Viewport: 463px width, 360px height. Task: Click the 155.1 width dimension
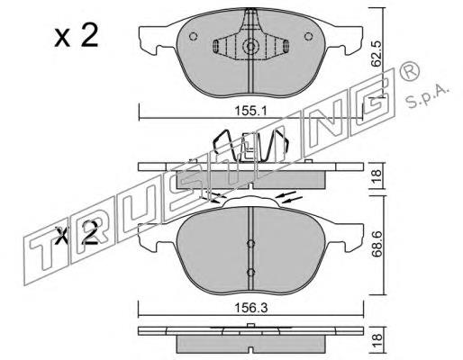[250, 112]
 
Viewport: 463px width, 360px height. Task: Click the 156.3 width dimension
[250, 308]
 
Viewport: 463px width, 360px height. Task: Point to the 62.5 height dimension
[376, 54]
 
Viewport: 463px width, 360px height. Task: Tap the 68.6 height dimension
[377, 244]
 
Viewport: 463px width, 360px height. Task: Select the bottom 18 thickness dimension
[377, 340]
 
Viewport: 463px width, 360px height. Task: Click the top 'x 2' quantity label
[77, 35]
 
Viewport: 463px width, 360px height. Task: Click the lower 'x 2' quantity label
[77, 233]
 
